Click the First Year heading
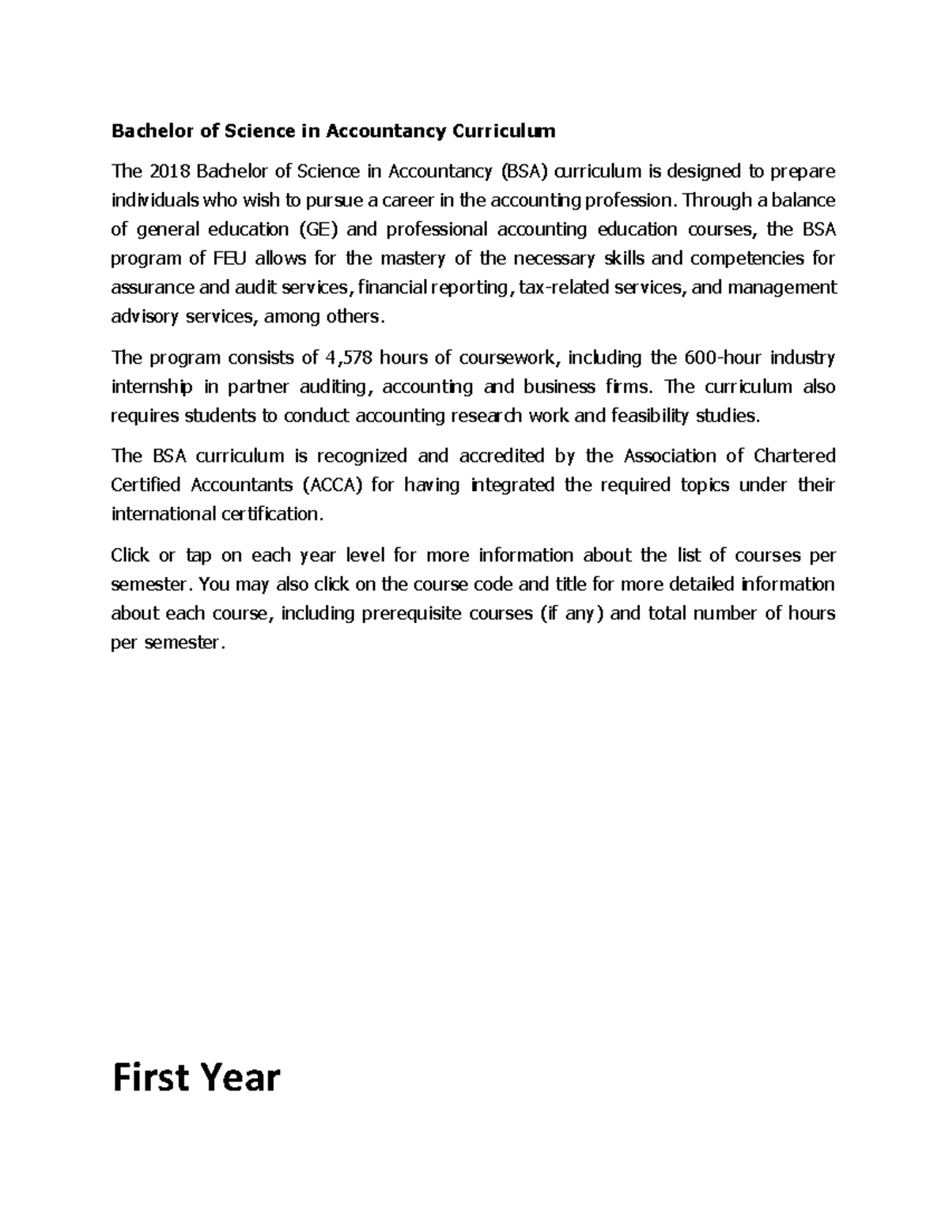click(196, 1078)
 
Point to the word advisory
click(144, 317)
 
